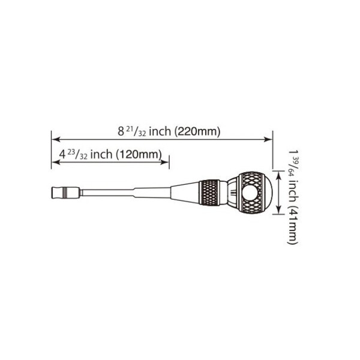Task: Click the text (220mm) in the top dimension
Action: (x=197, y=131)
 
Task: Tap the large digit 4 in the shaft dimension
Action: (x=61, y=154)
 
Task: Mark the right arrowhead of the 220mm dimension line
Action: (x=269, y=139)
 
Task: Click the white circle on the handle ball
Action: (x=251, y=193)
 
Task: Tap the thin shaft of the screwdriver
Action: (x=108, y=193)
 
